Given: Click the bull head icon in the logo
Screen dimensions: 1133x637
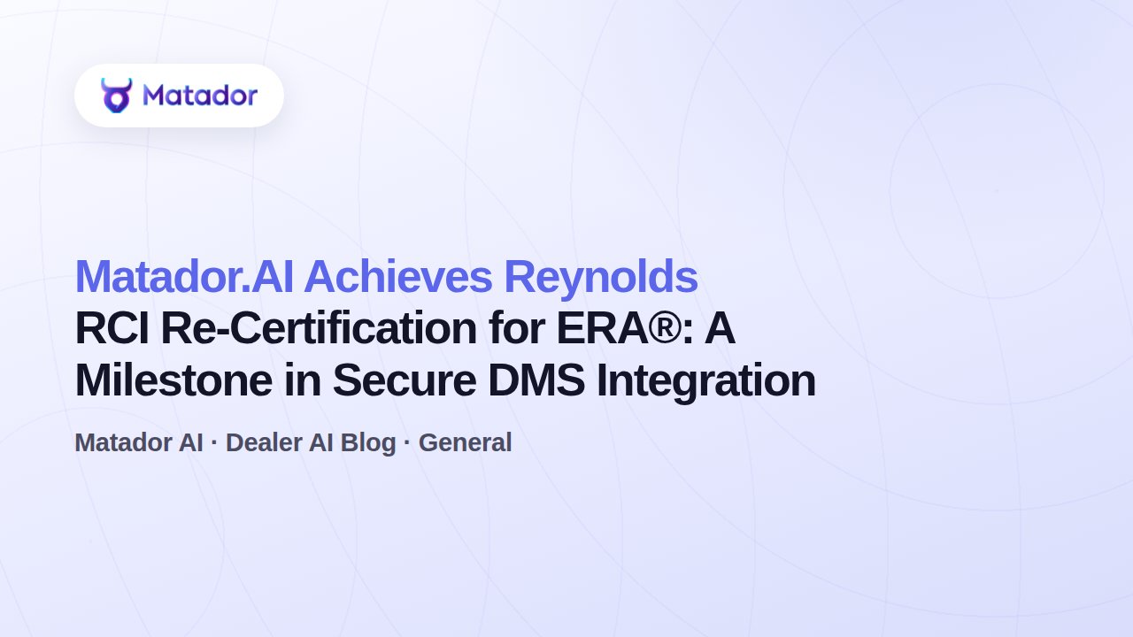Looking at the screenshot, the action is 116,96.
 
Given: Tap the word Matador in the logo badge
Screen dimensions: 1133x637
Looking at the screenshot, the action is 200,96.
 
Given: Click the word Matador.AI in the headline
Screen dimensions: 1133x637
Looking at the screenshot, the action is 184,277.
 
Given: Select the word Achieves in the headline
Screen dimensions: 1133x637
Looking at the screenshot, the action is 397,277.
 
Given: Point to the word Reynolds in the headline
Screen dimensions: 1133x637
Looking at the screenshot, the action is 601,278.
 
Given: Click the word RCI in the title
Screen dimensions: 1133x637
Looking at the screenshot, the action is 112,328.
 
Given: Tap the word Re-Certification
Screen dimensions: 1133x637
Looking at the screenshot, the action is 320,328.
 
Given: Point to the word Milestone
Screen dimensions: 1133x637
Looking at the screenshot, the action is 173,380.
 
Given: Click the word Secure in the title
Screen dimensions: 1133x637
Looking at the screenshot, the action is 405,380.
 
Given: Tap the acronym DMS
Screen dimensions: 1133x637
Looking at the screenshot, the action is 536,380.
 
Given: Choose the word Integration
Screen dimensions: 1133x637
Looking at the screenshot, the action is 706,382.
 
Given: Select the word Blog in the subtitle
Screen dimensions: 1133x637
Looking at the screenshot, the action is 368,444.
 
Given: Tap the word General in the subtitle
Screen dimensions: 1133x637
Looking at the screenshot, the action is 465,443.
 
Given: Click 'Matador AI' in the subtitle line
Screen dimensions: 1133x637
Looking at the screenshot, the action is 139,443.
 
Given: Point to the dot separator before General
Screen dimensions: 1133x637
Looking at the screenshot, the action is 407,443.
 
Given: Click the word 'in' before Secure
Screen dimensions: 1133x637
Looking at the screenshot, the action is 302,380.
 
